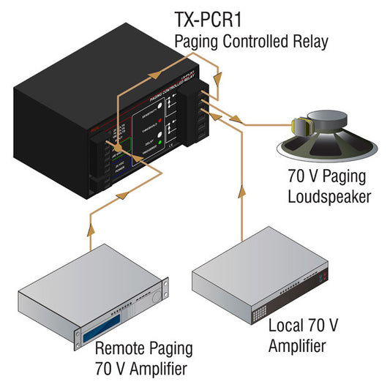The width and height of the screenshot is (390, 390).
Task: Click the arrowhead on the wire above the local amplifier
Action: point(241,193)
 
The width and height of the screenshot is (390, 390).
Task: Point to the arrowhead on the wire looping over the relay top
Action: point(154,72)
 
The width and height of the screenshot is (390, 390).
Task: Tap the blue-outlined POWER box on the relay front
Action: point(116,170)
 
